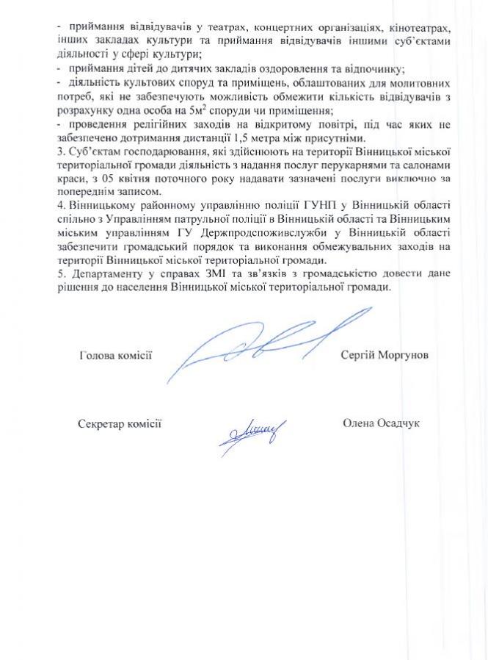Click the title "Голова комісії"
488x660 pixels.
[x=114, y=355]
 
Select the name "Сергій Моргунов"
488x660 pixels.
[x=384, y=355]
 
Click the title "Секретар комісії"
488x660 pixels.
[x=119, y=423]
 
